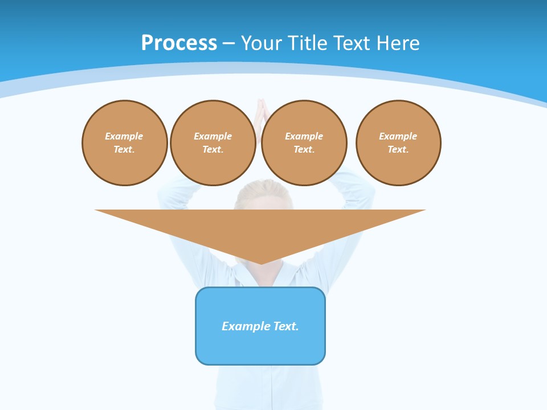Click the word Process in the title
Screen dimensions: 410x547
[x=179, y=43]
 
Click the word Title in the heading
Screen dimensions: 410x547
[x=309, y=43]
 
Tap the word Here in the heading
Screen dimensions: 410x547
[x=399, y=43]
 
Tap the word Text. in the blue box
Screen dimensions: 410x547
[x=285, y=326]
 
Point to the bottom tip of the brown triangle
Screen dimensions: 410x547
[x=260, y=263]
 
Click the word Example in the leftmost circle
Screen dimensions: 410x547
[x=124, y=136]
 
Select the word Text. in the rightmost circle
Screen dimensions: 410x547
[x=398, y=149]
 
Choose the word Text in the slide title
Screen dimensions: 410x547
[x=354, y=43]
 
